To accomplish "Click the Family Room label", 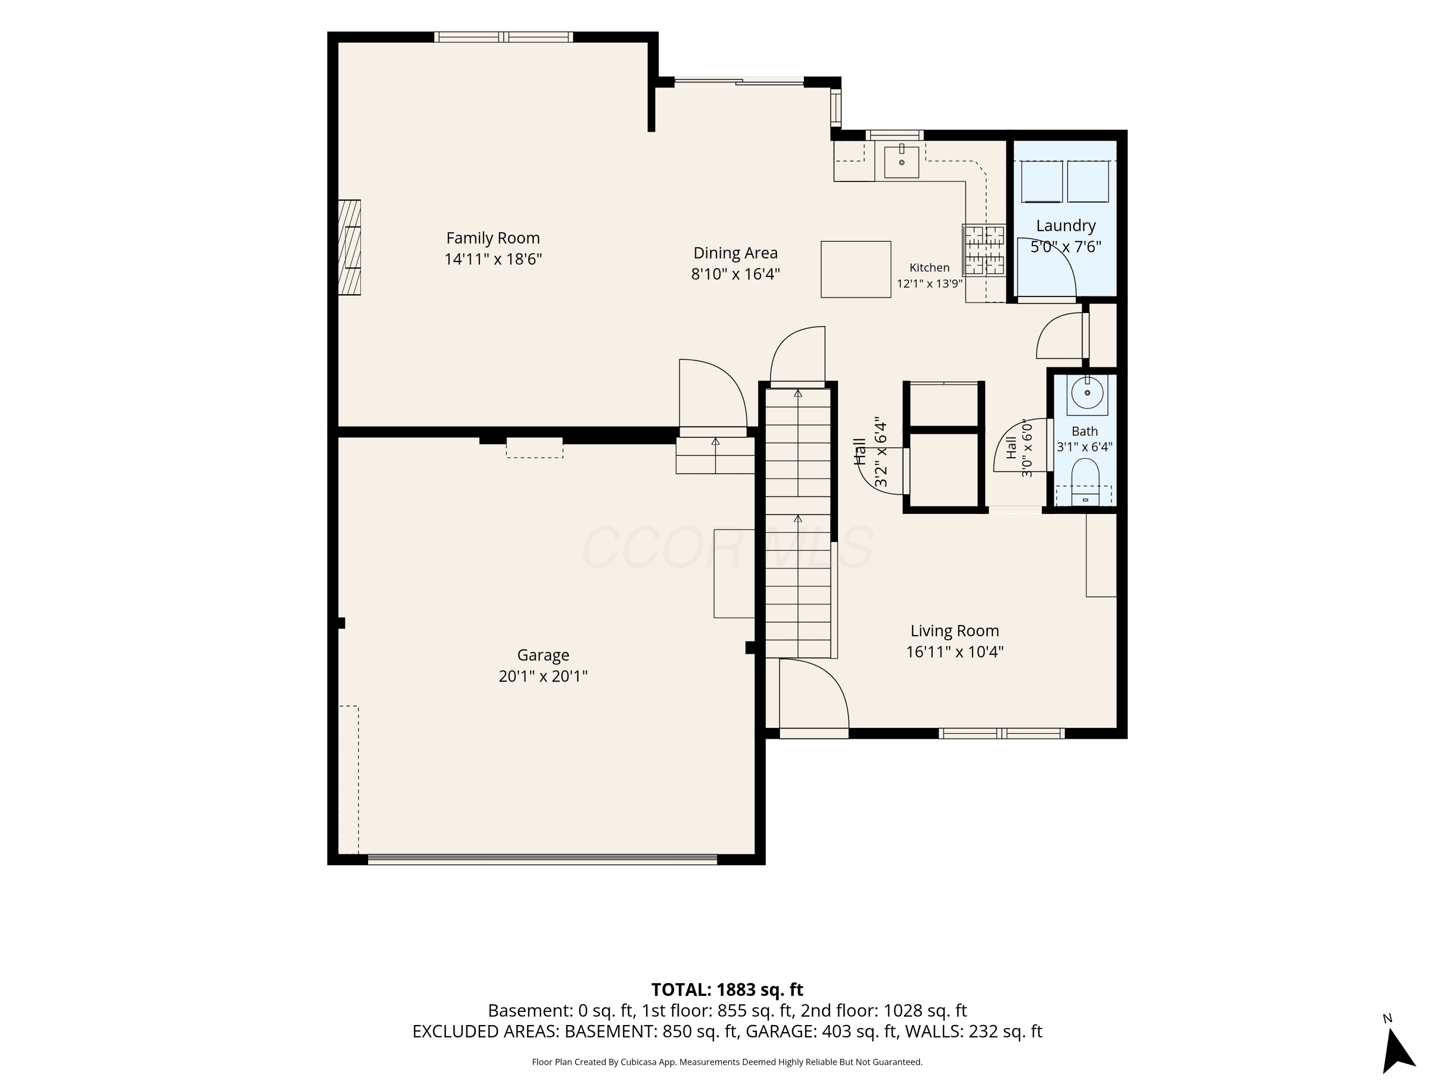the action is [493, 238].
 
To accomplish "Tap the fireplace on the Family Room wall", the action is [349, 248].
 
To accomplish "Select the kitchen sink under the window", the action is [901, 162].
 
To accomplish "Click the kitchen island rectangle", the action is [856, 269].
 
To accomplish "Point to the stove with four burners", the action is [984, 250].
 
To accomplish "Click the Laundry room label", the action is [1066, 226].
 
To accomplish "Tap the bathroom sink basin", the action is [1087, 394].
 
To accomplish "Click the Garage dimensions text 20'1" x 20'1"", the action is [543, 676].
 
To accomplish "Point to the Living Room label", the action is [954, 630].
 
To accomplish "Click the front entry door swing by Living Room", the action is [814, 695].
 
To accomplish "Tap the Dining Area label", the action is [735, 253].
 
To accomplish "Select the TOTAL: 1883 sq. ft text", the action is [727, 989].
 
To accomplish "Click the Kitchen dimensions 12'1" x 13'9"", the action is [929, 284].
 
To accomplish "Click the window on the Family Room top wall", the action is [503, 37].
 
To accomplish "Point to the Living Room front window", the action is [1001, 733].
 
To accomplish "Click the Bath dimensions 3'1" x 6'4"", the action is [1084, 447].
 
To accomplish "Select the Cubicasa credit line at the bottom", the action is [727, 1062].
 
